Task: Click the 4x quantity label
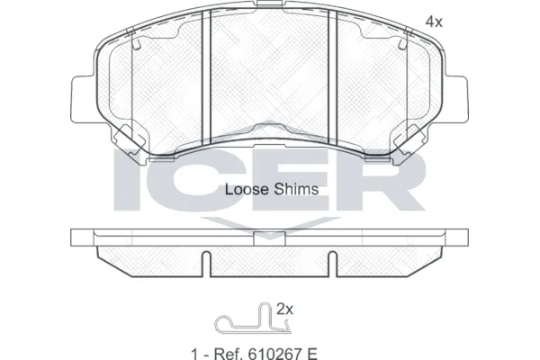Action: point(435,22)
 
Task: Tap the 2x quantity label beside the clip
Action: point(285,308)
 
